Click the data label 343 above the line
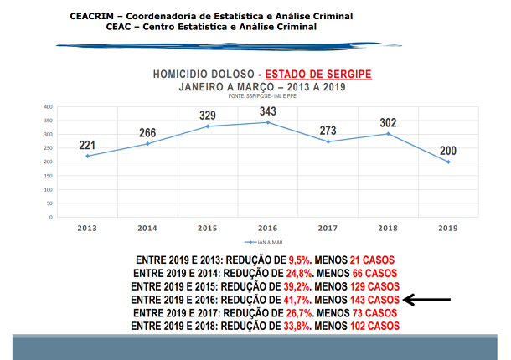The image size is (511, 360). tap(268, 111)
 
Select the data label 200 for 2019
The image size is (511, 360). tap(448, 151)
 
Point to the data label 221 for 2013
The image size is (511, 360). tap(87, 145)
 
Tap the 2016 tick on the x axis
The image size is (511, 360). tap(268, 228)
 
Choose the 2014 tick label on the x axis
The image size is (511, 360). tap(147, 228)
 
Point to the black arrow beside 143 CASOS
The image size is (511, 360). tap(428, 299)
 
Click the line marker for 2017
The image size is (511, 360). tap(328, 141)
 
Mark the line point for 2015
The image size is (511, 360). tap(208, 126)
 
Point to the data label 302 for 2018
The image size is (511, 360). tap(388, 123)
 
